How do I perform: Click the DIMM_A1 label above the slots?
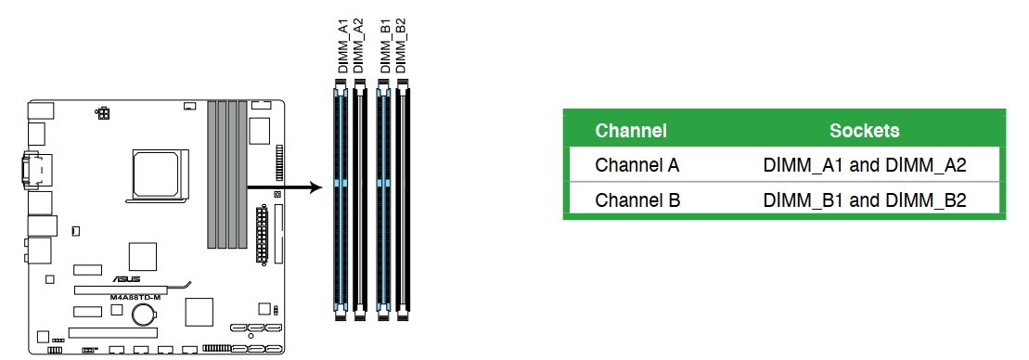pos(342,45)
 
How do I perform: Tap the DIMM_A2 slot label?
pos(357,45)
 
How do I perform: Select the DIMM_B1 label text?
pos(385,45)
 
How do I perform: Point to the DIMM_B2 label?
pos(400,45)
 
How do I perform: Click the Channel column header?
pos(631,131)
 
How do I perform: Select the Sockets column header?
pos(864,131)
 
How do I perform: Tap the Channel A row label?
pos(637,165)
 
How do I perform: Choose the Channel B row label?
pos(637,200)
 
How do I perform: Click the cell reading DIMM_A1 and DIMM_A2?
pos(865,165)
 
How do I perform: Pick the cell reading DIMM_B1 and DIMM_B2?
pos(865,200)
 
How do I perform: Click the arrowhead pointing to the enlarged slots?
pos(317,188)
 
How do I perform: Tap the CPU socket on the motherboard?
pos(160,174)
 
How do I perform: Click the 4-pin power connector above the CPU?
pos(102,114)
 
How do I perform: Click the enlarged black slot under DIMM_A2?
pos(358,199)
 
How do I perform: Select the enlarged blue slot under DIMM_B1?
pos(383,199)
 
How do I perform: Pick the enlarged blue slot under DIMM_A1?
pos(341,199)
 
